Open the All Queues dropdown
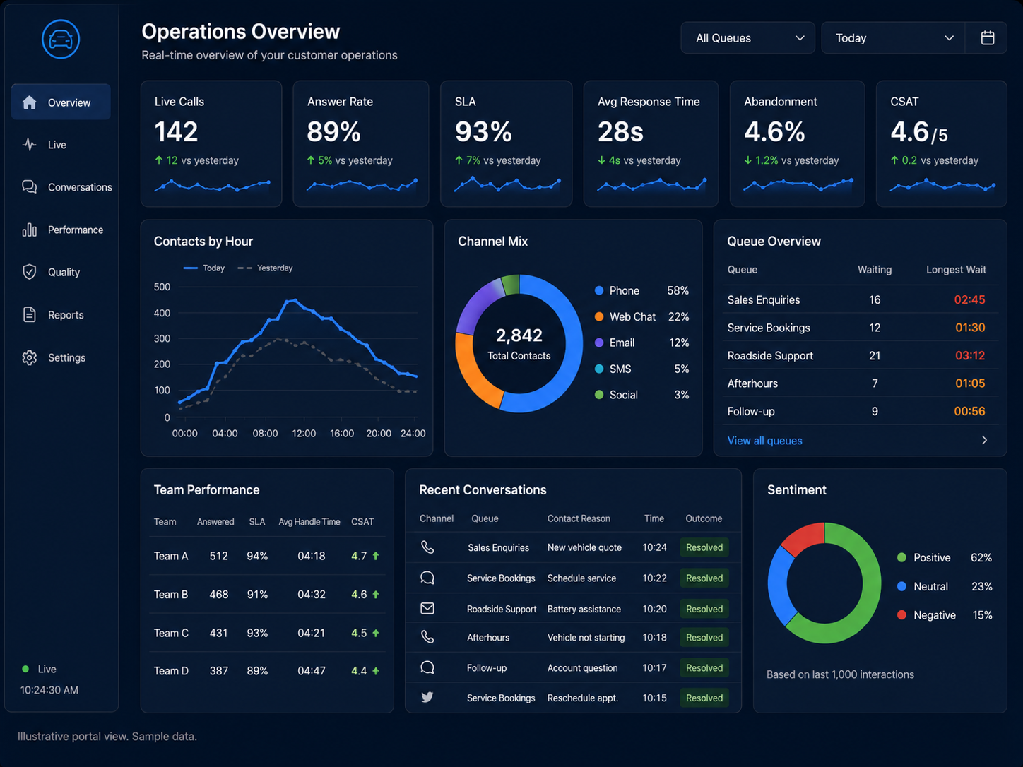pyautogui.click(x=747, y=37)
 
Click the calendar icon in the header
pyautogui.click(x=987, y=37)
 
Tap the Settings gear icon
pyautogui.click(x=30, y=357)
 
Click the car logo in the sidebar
pyautogui.click(x=61, y=39)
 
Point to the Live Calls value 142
pyautogui.click(x=176, y=132)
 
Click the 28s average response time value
pyautogui.click(x=620, y=132)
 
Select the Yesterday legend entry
pyautogui.click(x=265, y=268)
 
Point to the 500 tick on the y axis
pyautogui.click(x=162, y=287)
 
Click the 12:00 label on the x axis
pyautogui.click(x=304, y=434)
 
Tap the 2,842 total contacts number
pyautogui.click(x=519, y=335)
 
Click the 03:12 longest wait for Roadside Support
pyautogui.click(x=970, y=356)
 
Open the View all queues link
pyautogui.click(x=765, y=441)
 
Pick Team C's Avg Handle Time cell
pyautogui.click(x=312, y=633)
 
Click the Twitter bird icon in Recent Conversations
pyautogui.click(x=427, y=697)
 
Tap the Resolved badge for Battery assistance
pyautogui.click(x=704, y=609)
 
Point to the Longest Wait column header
pyautogui.click(x=956, y=270)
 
